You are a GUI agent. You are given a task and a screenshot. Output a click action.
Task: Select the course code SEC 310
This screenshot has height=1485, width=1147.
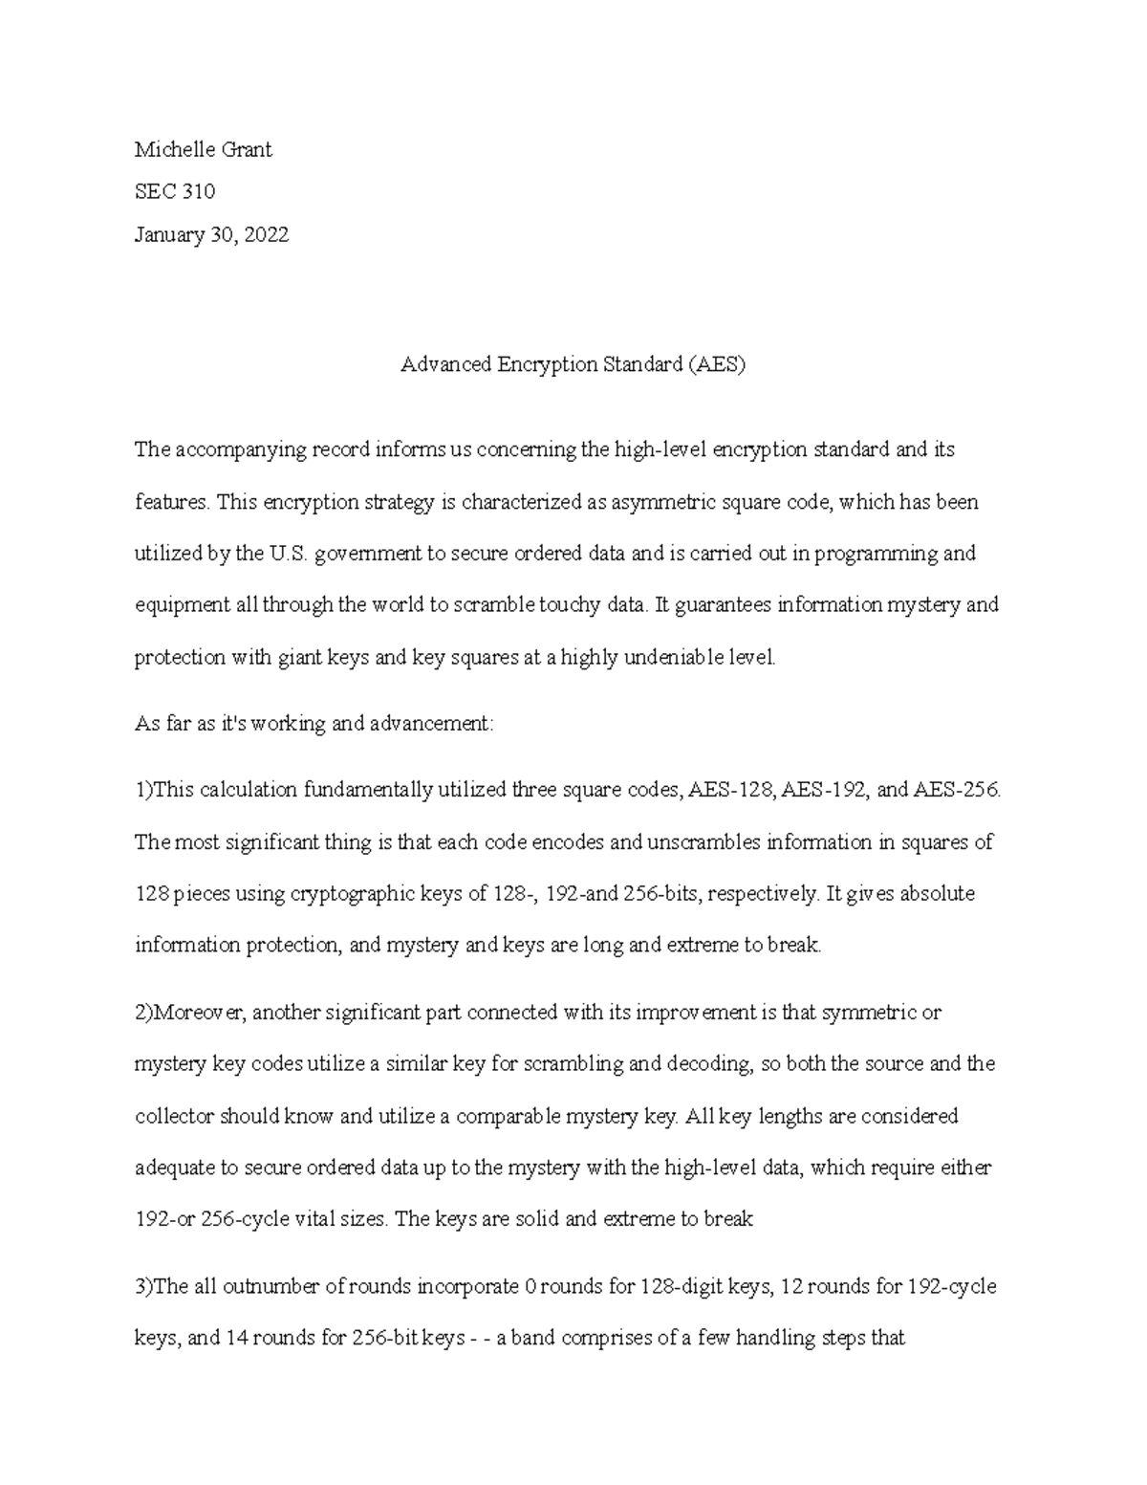pyautogui.click(x=175, y=191)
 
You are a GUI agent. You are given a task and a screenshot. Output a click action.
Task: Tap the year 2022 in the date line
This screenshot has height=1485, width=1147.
pyautogui.click(x=266, y=234)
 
